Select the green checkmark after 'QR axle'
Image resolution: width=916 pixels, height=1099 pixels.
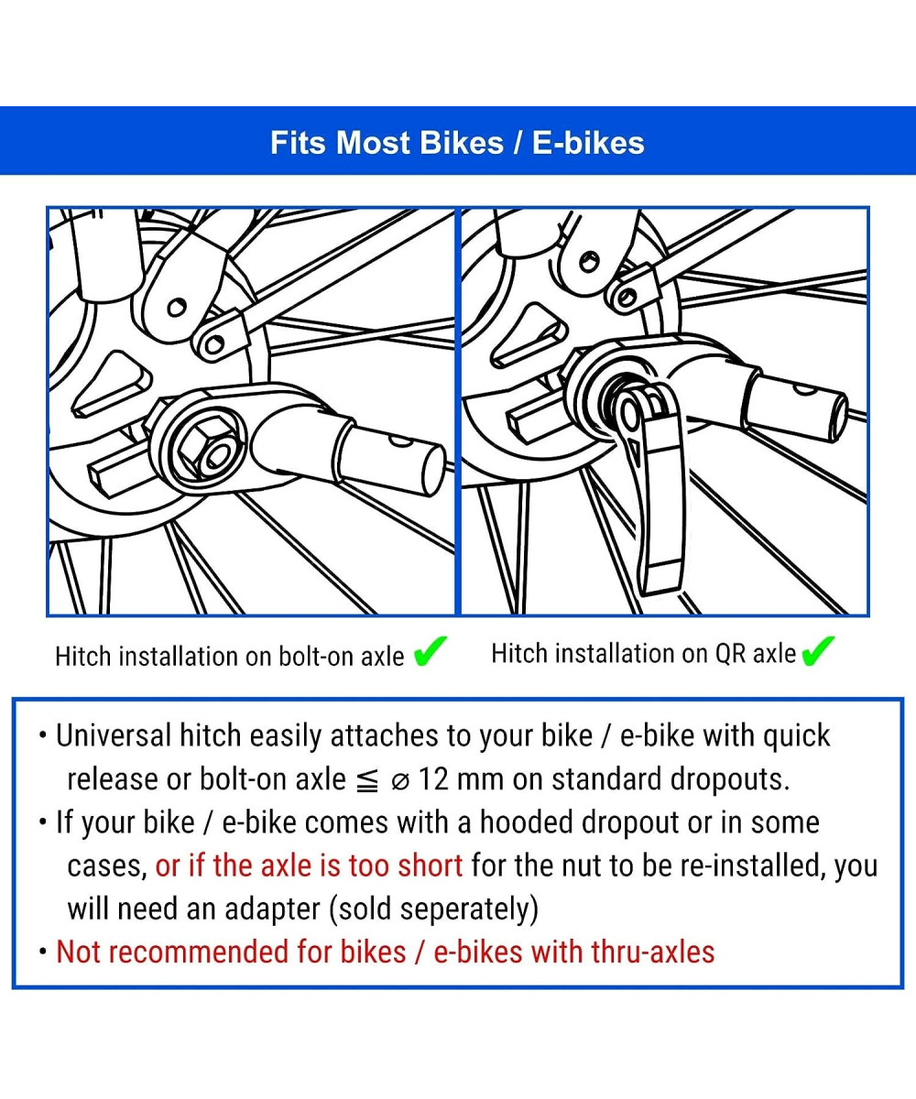click(x=818, y=651)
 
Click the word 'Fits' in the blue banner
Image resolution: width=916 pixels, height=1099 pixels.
click(x=298, y=143)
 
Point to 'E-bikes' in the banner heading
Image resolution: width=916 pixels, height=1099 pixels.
click(x=588, y=143)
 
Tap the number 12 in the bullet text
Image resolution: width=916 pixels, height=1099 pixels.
click(x=433, y=780)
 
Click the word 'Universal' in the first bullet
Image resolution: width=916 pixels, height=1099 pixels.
click(x=114, y=735)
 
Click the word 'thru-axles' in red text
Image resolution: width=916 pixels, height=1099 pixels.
click(x=653, y=952)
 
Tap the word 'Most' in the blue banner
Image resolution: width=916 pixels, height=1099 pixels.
click(x=373, y=143)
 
